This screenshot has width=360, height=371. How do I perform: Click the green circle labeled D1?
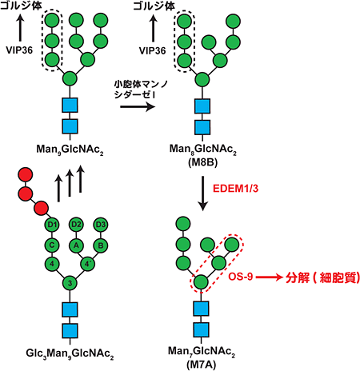(x=53, y=224)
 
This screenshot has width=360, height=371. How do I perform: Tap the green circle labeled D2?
(x=77, y=224)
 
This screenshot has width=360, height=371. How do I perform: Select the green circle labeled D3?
(x=102, y=224)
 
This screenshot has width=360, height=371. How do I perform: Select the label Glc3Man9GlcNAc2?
(x=70, y=352)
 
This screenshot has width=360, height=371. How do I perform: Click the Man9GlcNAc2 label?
(x=70, y=149)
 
